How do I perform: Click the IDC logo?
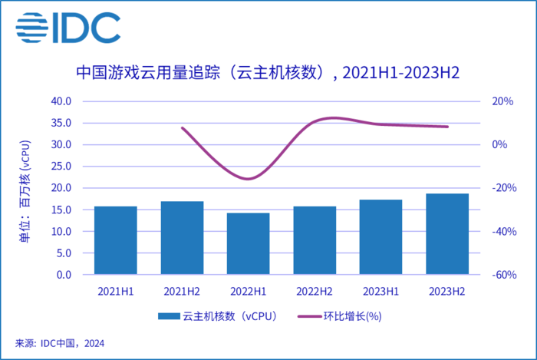click(68, 28)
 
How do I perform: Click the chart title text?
click(268, 73)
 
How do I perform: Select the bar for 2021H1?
click(116, 240)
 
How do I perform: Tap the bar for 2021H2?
click(182, 238)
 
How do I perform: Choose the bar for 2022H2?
click(315, 240)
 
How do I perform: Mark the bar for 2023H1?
click(381, 237)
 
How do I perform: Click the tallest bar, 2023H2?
click(447, 234)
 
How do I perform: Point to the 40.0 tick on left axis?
click(60, 101)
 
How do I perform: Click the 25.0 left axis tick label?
click(60, 167)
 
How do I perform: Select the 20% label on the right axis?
click(502, 101)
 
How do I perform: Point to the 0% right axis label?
click(499, 144)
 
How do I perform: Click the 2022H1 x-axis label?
click(249, 290)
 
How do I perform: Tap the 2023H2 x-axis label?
click(447, 290)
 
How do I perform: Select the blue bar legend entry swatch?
click(169, 316)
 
